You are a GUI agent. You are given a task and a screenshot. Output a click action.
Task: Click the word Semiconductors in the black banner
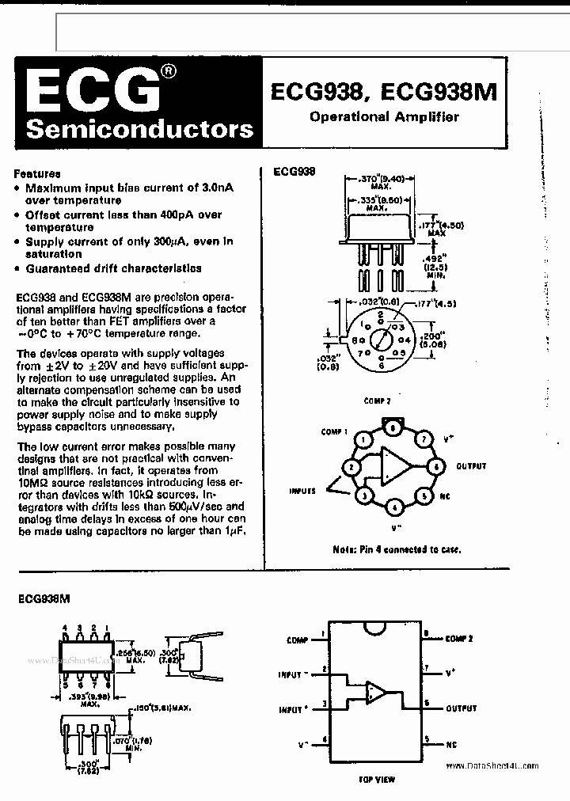click(139, 129)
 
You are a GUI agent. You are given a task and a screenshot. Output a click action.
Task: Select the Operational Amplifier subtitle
click(385, 117)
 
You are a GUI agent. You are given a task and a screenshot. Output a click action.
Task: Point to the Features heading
click(37, 173)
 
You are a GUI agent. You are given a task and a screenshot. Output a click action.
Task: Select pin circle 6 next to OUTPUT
click(435, 466)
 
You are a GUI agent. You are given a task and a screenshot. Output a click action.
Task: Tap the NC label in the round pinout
click(446, 496)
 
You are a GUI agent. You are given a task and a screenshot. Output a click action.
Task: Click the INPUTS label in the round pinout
click(302, 491)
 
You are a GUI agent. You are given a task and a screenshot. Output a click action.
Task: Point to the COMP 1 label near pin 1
click(334, 432)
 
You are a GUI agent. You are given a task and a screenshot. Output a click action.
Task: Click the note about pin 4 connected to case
click(397, 549)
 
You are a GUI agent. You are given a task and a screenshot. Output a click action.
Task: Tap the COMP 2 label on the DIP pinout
click(460, 638)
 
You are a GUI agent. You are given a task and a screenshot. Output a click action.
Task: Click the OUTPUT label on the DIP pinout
click(462, 708)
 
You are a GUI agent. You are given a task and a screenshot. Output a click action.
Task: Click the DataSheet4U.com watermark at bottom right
click(492, 765)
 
